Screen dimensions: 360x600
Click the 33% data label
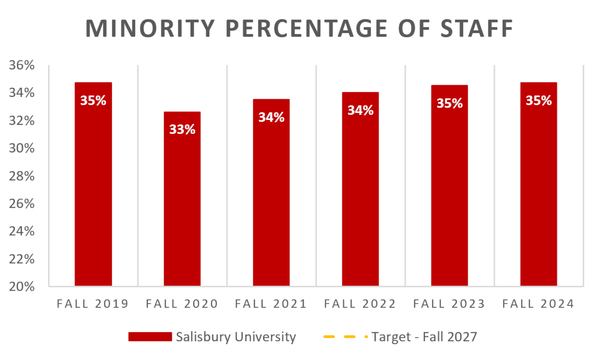click(182, 130)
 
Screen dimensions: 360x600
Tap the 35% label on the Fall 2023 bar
click(450, 103)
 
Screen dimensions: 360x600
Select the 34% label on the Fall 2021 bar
click(271, 117)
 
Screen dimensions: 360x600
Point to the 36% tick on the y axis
click(22, 65)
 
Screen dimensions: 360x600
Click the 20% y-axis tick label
click(22, 287)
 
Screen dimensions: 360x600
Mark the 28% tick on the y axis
click(22, 176)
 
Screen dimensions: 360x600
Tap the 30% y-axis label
click(22, 148)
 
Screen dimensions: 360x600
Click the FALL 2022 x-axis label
click(360, 304)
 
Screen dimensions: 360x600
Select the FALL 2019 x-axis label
click(93, 304)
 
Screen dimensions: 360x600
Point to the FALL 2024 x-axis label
click(538, 304)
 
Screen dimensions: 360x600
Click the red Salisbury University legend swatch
click(150, 337)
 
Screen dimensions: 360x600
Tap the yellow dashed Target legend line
click(345, 337)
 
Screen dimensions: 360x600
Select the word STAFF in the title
click(477, 29)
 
